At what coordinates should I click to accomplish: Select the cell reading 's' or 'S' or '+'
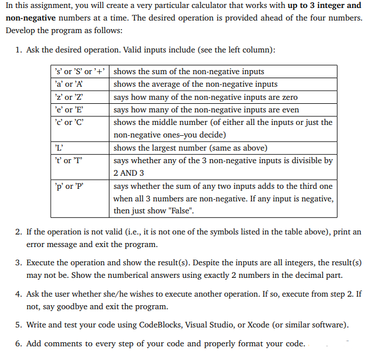(80, 72)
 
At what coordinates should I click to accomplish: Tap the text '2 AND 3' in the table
(129, 173)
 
